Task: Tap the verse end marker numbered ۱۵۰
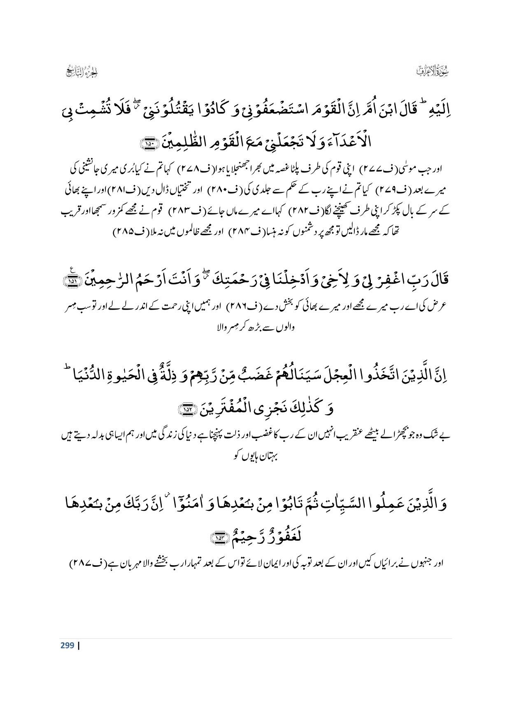(146, 144)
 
